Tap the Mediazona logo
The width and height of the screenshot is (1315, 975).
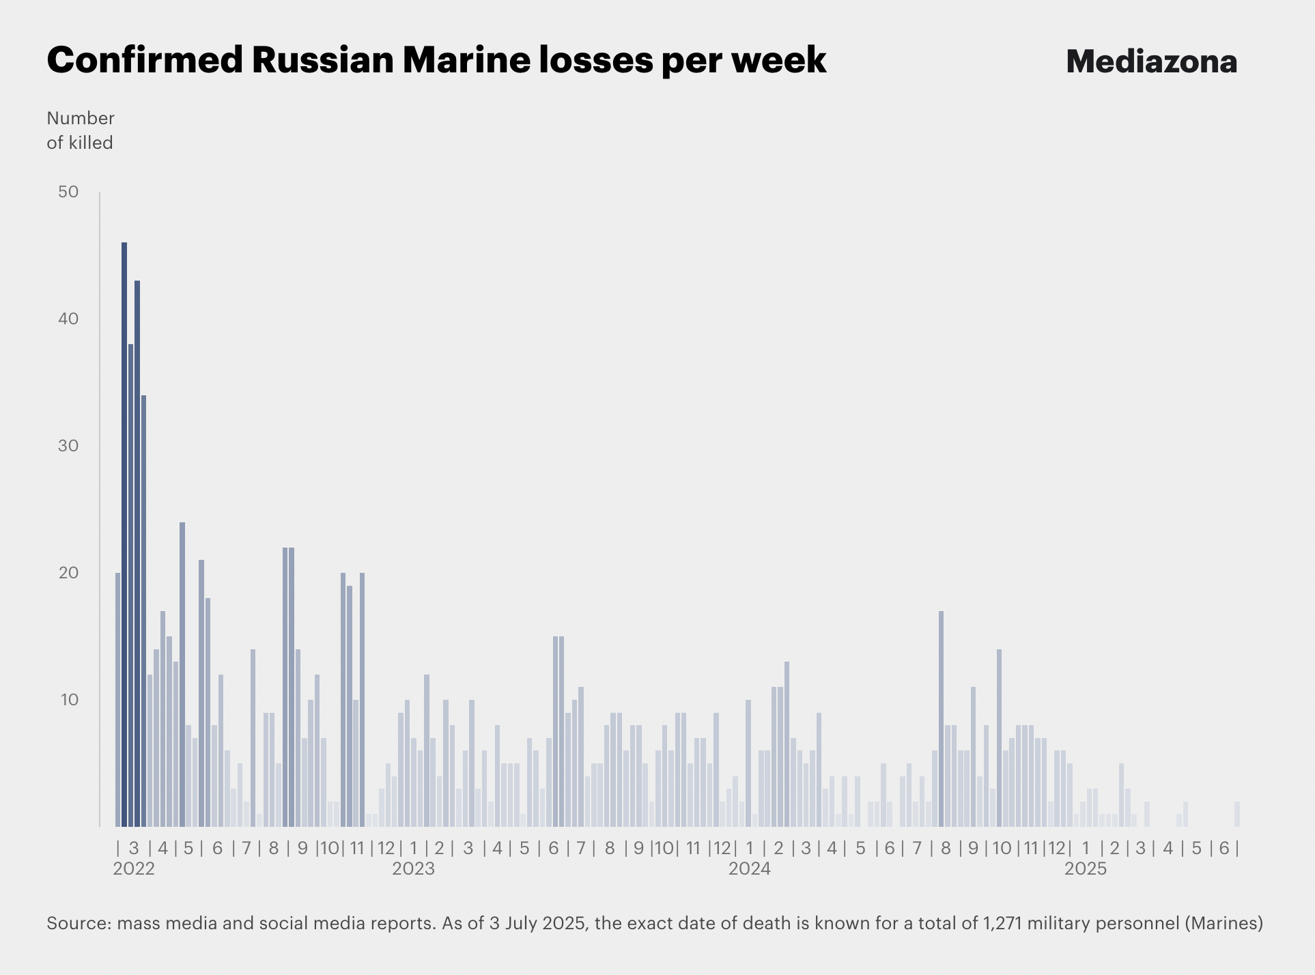coord(1151,61)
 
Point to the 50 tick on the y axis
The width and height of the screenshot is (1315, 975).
coord(69,192)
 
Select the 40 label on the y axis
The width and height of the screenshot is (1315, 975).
coord(69,319)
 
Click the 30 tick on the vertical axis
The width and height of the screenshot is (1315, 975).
coord(69,446)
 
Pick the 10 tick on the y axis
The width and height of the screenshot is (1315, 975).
coord(69,700)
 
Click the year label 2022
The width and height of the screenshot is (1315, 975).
coord(134,869)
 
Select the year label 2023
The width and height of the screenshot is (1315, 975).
coord(413,869)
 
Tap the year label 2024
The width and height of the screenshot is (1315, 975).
coord(750,869)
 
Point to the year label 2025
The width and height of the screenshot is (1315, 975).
coord(1086,869)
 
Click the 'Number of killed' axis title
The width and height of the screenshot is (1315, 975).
coord(80,130)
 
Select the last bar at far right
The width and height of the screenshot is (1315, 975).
coord(1237,814)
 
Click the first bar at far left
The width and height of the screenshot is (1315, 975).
coord(117,700)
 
